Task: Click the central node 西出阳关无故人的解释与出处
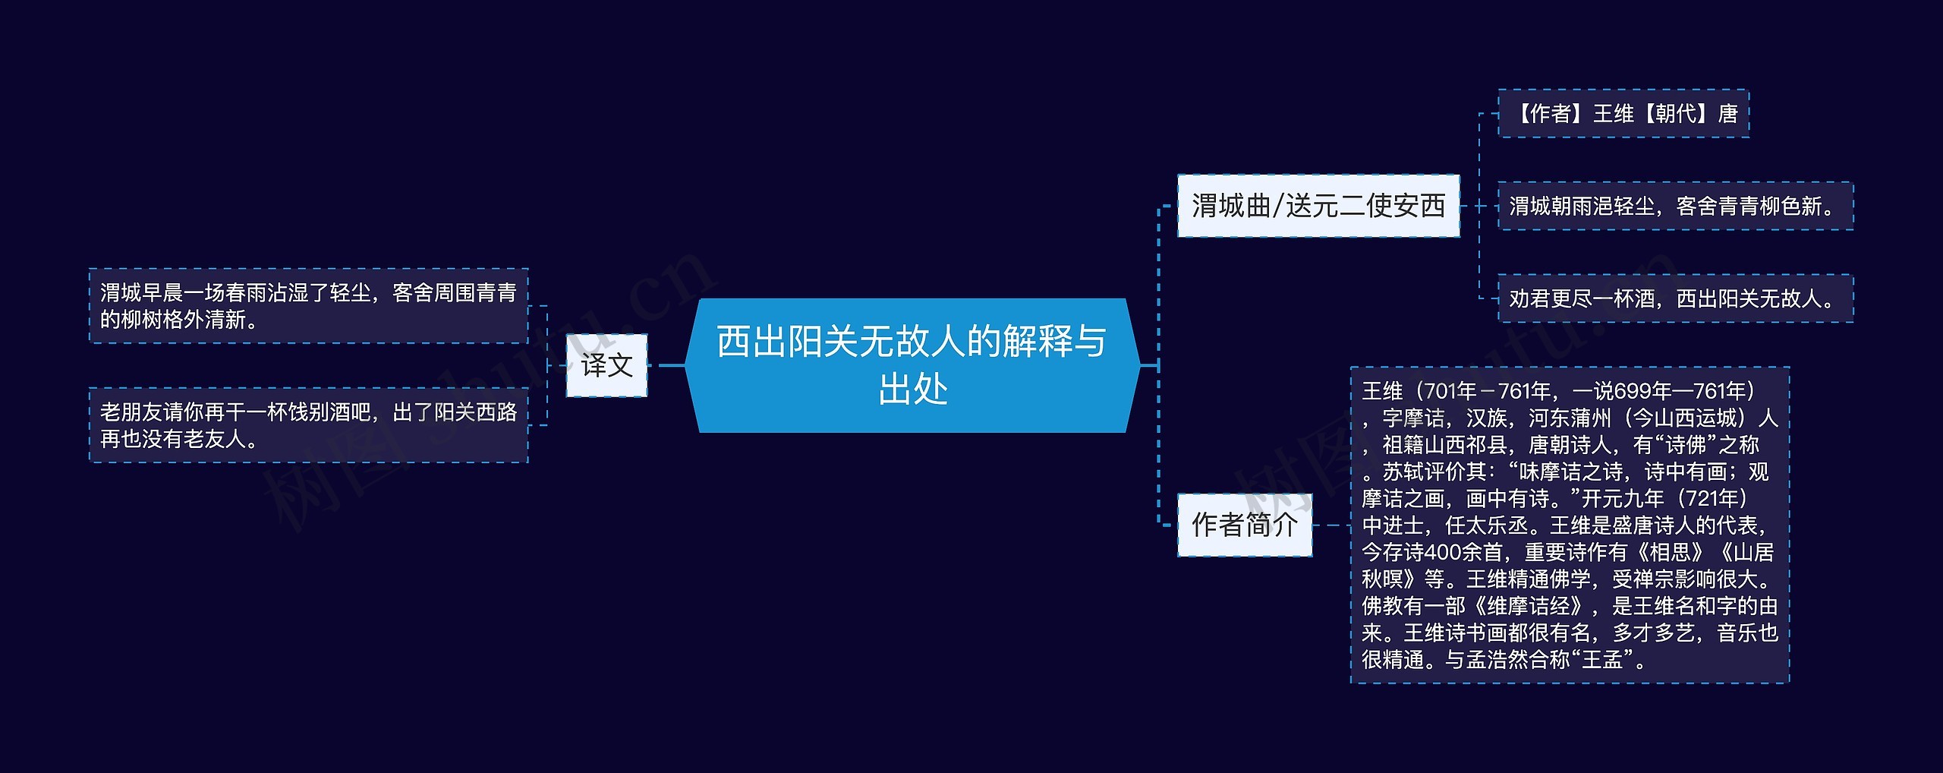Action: point(912,364)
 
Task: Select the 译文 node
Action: point(606,365)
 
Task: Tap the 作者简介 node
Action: point(1244,525)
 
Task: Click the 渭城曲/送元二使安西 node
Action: point(1318,206)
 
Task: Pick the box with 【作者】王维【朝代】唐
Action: point(1623,114)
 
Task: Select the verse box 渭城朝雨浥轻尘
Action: point(1674,206)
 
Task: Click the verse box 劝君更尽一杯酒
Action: point(1674,298)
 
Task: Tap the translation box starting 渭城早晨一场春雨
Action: point(308,306)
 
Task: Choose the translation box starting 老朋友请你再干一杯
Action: point(308,425)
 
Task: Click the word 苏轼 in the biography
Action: point(1403,472)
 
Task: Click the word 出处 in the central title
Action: point(912,390)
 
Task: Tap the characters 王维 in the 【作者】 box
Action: point(1613,114)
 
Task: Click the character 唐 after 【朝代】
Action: point(1727,114)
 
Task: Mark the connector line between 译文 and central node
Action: point(671,365)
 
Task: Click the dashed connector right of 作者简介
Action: point(1330,525)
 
